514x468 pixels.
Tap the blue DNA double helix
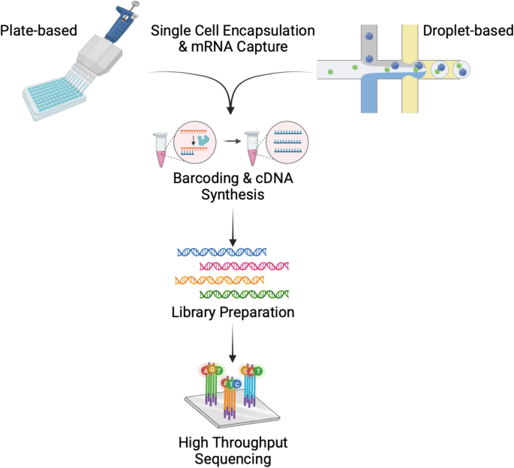tap(221, 251)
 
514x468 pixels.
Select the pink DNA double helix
tap(244, 265)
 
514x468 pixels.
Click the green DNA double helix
tap(244, 294)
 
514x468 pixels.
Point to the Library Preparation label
tap(232, 311)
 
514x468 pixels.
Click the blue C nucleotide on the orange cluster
tap(238, 384)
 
